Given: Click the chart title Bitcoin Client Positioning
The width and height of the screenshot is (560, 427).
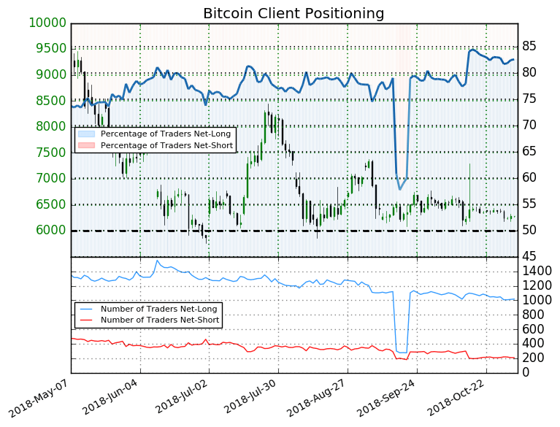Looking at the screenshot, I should point(294,13).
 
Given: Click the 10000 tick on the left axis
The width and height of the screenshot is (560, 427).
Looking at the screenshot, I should point(48,23).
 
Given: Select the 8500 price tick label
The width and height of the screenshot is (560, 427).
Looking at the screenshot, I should point(48,101).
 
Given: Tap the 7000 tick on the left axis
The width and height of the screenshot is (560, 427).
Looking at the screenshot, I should point(48,179).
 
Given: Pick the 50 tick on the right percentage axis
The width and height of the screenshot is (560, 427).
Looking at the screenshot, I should point(529,231).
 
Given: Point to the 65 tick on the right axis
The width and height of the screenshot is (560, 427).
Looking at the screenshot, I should point(529,152).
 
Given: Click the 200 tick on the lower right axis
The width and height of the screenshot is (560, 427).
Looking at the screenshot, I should point(534,358).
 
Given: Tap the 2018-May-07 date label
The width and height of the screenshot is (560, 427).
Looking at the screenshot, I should point(44,400).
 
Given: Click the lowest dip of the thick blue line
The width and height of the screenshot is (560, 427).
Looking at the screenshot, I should point(399,190).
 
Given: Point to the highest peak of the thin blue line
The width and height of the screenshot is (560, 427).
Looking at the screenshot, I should point(157,260).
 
